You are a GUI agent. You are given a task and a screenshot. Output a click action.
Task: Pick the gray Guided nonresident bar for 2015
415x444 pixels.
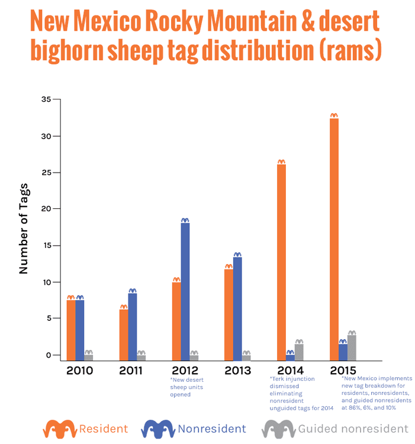pos(352,348)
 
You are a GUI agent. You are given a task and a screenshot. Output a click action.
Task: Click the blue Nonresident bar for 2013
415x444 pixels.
pos(237,308)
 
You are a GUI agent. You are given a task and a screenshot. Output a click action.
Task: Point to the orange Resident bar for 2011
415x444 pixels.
pos(124,334)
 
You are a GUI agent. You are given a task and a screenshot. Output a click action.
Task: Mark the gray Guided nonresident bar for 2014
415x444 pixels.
pos(299,352)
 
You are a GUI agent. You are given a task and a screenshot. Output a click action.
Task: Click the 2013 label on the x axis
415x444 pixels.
pos(237,371)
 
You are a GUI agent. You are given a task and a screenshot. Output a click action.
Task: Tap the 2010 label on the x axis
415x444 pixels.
pos(80,371)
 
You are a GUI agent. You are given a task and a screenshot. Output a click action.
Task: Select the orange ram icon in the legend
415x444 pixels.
pos(60,428)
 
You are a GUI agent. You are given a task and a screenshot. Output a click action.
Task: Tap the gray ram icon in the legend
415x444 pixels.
pos(278,428)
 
